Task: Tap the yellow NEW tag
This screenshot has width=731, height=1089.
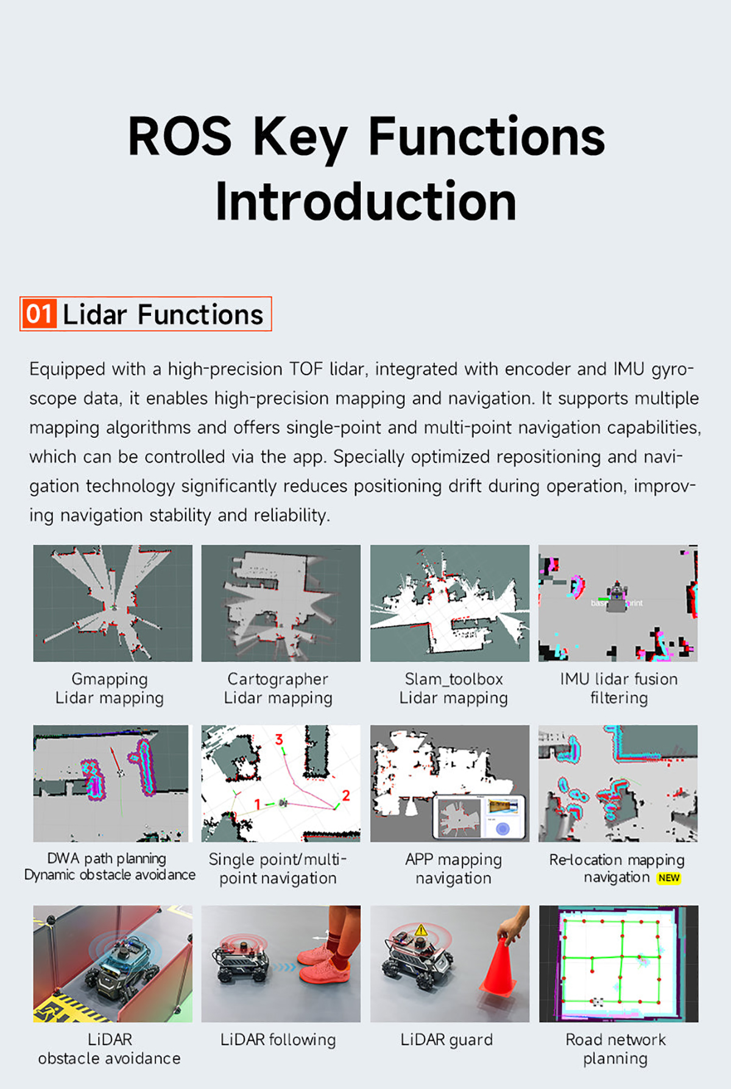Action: (x=669, y=878)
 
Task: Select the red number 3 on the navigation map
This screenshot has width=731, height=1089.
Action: (x=279, y=740)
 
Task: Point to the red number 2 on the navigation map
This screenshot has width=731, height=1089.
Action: (x=346, y=795)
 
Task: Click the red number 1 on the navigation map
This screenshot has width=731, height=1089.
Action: (x=258, y=805)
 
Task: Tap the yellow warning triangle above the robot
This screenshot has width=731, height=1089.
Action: (x=421, y=930)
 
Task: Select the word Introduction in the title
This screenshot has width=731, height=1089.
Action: (x=366, y=202)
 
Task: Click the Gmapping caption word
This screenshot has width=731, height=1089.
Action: (x=110, y=679)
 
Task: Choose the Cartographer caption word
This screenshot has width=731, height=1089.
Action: (x=278, y=679)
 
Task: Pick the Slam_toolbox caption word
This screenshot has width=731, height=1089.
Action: (x=454, y=679)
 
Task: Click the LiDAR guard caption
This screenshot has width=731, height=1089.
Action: (x=447, y=1040)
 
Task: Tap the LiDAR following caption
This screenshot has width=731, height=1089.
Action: (x=278, y=1040)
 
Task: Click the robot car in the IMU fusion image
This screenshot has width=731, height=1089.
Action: (x=617, y=597)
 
